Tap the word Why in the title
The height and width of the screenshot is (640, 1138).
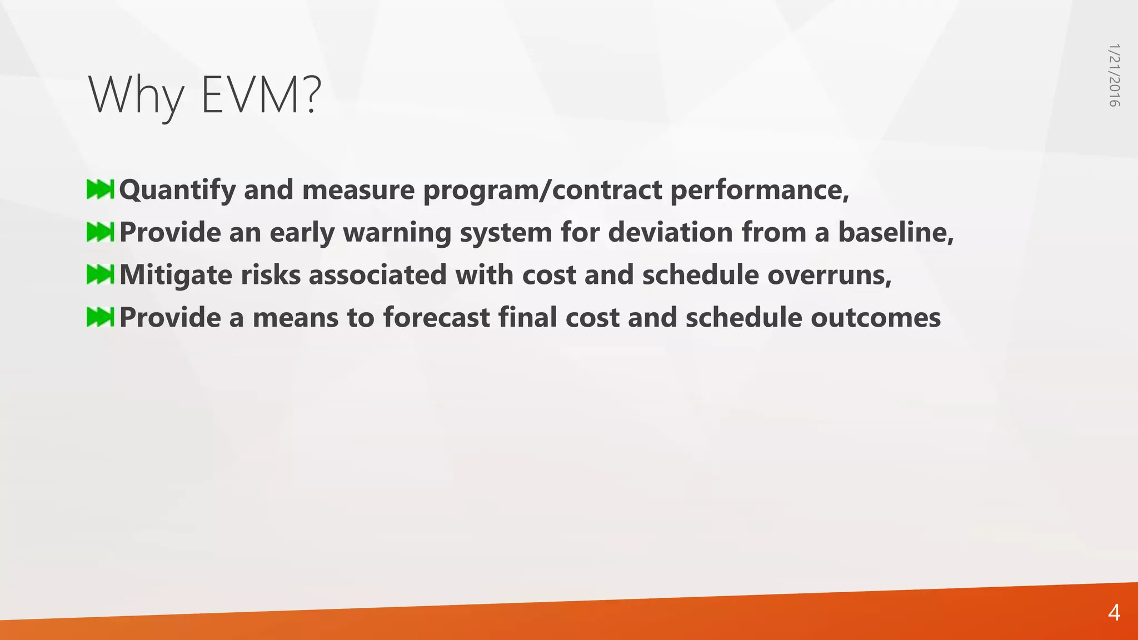[x=136, y=96]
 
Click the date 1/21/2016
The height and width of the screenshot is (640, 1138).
[x=1114, y=75]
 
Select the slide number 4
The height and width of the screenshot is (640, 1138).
[x=1114, y=613]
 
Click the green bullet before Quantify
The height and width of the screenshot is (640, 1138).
[x=100, y=189]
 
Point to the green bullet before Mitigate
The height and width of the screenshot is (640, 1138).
[x=100, y=274]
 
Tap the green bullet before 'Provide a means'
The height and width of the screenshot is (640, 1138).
[x=100, y=317]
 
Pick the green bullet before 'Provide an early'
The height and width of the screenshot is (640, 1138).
[x=100, y=232]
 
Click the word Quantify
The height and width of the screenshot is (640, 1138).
[x=177, y=191]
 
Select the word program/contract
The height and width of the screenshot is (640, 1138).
[x=542, y=191]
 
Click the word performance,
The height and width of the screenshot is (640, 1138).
[x=760, y=191]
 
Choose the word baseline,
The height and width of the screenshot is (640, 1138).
[x=896, y=232]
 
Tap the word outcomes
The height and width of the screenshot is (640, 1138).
[x=876, y=317]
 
